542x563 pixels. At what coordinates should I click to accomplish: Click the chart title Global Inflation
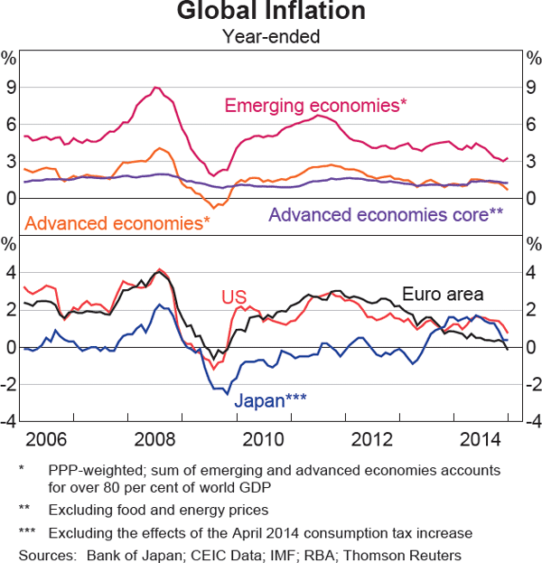tap(271, 12)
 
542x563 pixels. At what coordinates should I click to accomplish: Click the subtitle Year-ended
tap(271, 37)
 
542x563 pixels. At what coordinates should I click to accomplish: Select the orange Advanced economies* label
tap(118, 221)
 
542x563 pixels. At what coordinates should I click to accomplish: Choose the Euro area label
tap(444, 294)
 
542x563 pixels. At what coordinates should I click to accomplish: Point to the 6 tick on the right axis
tap(530, 125)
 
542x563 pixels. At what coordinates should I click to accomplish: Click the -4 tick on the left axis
tap(9, 422)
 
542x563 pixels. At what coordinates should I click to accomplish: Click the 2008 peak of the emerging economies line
tap(156, 88)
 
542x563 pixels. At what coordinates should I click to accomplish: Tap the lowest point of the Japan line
tap(228, 394)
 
